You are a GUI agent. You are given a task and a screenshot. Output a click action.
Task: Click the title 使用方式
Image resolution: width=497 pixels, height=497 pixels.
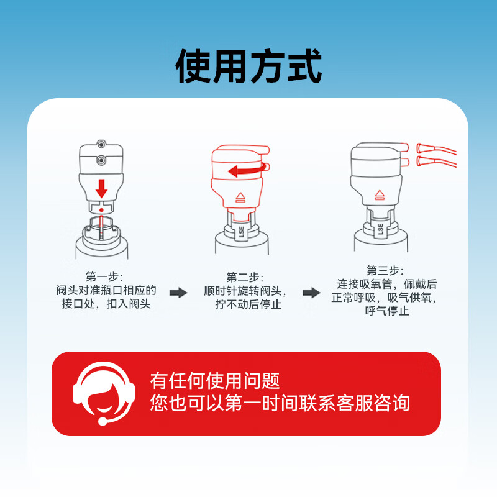pyautogui.click(x=248, y=67)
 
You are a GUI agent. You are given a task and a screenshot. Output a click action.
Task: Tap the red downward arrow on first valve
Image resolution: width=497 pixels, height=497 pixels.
pyautogui.click(x=102, y=187)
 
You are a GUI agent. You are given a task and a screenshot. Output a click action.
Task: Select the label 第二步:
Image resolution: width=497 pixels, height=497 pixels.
pyautogui.click(x=245, y=276)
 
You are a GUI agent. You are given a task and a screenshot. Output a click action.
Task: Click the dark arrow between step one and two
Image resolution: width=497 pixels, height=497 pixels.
pyautogui.click(x=178, y=293)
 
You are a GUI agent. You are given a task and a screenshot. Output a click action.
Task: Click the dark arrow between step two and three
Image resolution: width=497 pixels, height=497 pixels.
pyautogui.click(x=311, y=293)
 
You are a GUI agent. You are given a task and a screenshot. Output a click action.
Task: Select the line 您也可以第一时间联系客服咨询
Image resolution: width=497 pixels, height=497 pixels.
pyautogui.click(x=280, y=403)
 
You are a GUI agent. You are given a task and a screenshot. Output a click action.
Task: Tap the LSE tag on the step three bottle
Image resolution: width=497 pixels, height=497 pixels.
pyautogui.click(x=380, y=228)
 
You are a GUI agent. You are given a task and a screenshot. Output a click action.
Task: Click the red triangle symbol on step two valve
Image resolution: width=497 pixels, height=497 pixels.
pyautogui.click(x=240, y=198)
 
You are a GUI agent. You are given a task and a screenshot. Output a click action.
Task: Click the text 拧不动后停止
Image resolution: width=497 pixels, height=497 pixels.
pyautogui.click(x=248, y=305)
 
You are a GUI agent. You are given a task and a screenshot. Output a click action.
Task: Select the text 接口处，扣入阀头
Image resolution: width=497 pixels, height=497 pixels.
pyautogui.click(x=106, y=304)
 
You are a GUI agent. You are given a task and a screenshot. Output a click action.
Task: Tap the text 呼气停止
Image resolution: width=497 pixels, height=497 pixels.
pyautogui.click(x=386, y=311)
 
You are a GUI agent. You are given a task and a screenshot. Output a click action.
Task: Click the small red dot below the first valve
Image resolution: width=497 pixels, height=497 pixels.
pyautogui.click(x=101, y=211)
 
